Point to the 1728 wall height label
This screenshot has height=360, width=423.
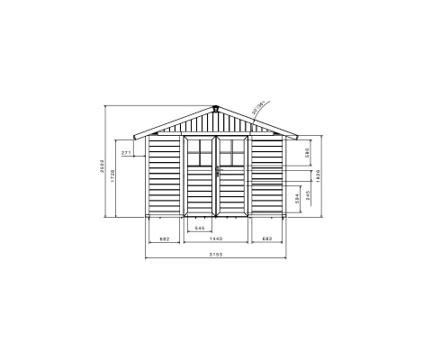(113, 178)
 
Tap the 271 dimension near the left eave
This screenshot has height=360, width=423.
(127, 154)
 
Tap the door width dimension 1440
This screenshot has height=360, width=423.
(216, 238)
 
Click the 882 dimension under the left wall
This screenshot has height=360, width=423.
(165, 238)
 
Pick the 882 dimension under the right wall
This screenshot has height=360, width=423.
(267, 238)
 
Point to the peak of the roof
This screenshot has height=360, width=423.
(216, 104)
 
